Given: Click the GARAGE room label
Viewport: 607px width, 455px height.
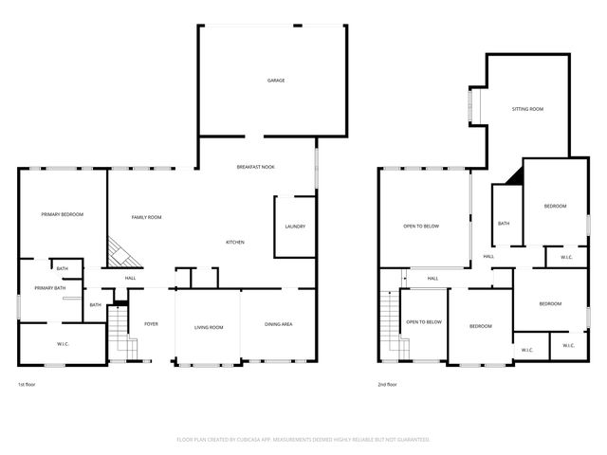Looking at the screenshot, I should [x=276, y=81].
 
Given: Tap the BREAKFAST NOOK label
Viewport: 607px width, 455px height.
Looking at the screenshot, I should [x=256, y=167].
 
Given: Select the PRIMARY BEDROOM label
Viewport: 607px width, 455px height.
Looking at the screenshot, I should [x=63, y=215].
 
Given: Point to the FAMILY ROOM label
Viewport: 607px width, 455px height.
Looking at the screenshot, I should [x=146, y=217].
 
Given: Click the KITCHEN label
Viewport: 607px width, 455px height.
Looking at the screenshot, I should [x=234, y=242].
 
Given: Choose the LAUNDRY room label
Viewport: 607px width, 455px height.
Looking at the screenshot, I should [x=294, y=227].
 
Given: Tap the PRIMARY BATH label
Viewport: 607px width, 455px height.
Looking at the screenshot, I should [x=49, y=288].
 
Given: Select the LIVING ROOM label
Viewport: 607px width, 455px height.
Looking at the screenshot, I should [x=209, y=327].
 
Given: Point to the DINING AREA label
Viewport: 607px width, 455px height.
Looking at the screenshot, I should [x=278, y=325].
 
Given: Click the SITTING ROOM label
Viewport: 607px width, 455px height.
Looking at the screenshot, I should [x=527, y=110].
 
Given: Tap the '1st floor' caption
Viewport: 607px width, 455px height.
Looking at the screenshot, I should [x=28, y=384].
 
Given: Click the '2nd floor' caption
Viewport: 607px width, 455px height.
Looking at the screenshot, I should [x=387, y=384].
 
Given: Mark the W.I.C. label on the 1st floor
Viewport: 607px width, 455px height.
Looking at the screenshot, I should [x=63, y=343].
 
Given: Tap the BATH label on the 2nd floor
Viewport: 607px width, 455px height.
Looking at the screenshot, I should [x=503, y=224].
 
